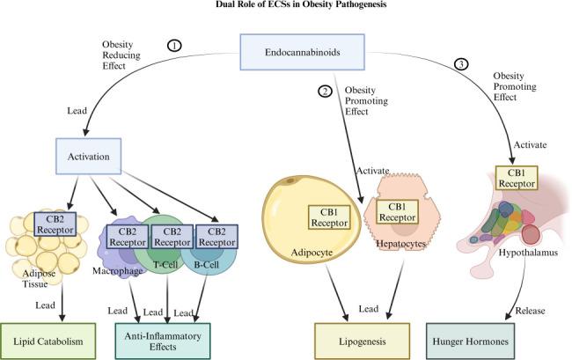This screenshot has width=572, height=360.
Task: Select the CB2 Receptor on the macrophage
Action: (128, 235)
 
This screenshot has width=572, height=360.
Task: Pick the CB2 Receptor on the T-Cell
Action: (172, 235)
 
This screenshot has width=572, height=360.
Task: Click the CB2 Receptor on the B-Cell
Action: (217, 235)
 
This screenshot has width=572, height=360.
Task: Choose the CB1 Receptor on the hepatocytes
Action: (397, 211)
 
